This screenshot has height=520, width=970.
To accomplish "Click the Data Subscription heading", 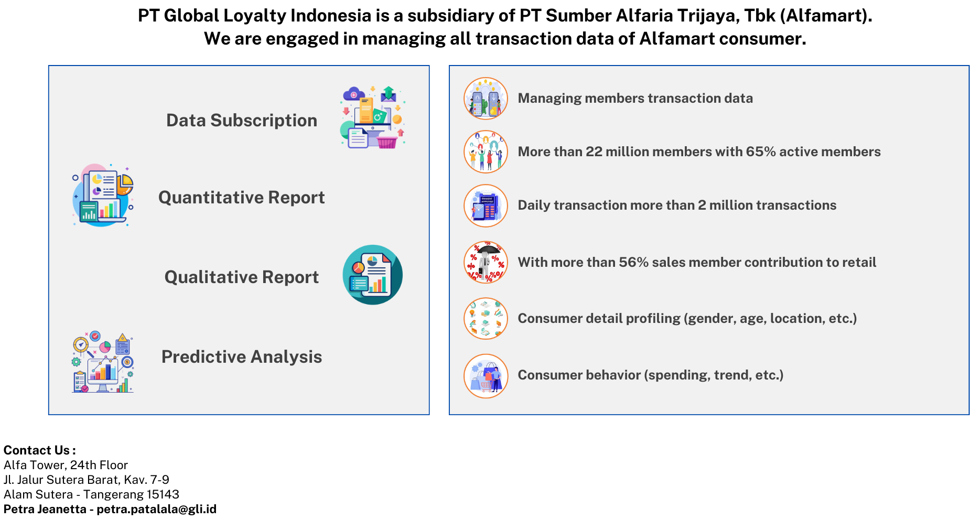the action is coord(242,121).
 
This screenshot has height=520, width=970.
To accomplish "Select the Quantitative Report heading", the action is coord(242,198).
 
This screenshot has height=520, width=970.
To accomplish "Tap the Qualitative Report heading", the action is coord(242,277).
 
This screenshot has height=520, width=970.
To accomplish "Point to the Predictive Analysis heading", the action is coord(242,357).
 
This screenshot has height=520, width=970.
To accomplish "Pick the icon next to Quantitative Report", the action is coord(103,195).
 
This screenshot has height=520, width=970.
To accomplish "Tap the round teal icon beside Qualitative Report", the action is coord(373,275).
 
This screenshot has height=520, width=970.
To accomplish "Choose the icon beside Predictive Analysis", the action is coord(103,362).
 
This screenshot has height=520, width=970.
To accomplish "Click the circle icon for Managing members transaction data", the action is coord(486,99).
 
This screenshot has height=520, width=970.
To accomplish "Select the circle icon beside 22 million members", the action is coord(486,152).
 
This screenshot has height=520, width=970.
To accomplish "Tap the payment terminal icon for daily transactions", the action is coord(486,205).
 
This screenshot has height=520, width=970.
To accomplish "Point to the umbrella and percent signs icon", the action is coord(486,262).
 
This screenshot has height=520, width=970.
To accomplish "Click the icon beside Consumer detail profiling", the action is coord(486,318).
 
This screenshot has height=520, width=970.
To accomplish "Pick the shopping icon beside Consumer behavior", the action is coord(486,376).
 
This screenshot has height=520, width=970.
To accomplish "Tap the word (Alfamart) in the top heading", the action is coord(826,16).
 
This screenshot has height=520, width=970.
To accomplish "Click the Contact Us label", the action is coord(40,450).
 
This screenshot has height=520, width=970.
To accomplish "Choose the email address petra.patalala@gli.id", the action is coord(156,509).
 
